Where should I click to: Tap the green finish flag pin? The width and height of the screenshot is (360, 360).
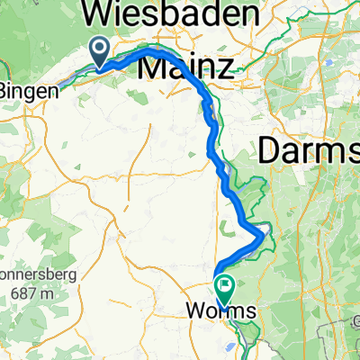click(x=222, y=287)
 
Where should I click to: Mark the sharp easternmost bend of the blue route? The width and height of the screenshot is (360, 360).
click(x=265, y=235)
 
